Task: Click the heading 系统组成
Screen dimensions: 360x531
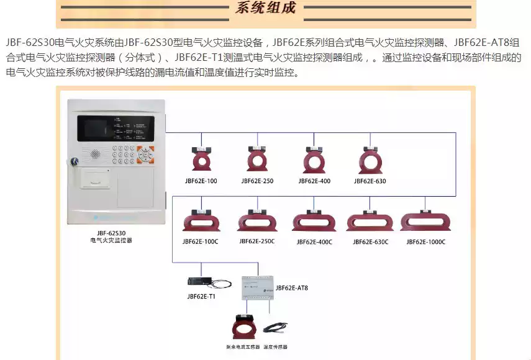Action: point(266,9)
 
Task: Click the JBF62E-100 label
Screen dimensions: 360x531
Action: point(201,181)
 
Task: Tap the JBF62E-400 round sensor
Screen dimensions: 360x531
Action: point(314,159)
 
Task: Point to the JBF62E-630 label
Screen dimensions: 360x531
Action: point(370,181)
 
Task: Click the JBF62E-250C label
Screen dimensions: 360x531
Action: point(257,241)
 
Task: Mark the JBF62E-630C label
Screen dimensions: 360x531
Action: point(370,241)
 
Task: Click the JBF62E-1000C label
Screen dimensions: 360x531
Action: point(426,241)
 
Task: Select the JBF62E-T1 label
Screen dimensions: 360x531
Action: point(201,296)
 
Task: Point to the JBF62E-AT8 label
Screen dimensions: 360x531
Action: point(291,288)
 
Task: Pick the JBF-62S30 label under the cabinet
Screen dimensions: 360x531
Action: point(111,232)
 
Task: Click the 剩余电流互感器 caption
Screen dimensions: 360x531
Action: point(243,347)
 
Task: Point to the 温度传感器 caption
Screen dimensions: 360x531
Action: point(276,347)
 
